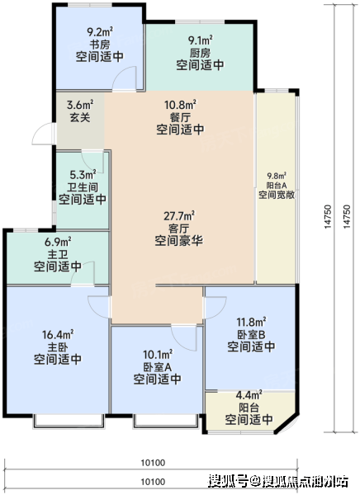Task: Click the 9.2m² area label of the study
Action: (100, 31)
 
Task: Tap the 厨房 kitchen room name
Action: (200, 53)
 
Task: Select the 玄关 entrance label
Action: (80, 117)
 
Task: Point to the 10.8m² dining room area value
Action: (180, 105)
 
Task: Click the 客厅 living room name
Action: (178, 229)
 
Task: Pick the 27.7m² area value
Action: (179, 216)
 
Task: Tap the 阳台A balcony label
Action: (277, 186)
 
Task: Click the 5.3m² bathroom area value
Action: (83, 174)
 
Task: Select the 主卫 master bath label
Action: (58, 254)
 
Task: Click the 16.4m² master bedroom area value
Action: (58, 334)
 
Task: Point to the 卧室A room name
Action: (158, 367)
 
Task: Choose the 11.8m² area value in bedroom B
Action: (251, 322)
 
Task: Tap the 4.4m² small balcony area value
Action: (249, 394)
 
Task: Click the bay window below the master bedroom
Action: (69, 422)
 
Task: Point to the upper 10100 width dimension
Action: (153, 463)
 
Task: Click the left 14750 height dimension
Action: (328, 216)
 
